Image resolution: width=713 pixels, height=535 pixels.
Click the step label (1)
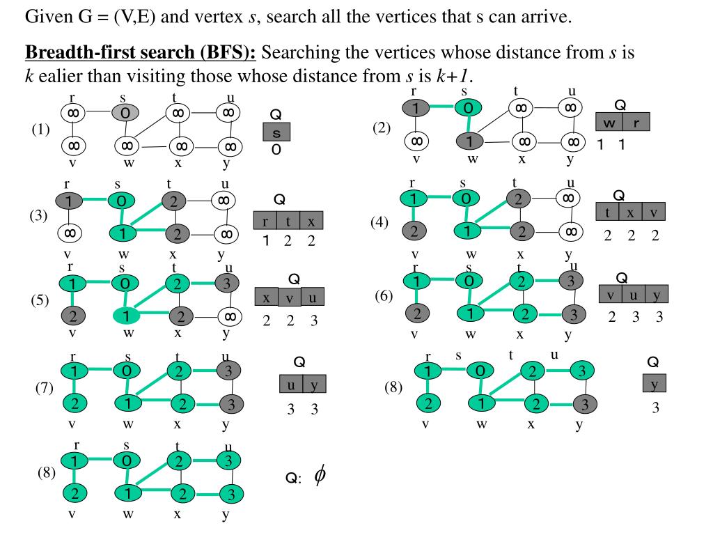tap(41, 129)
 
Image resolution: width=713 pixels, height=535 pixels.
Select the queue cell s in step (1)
tap(276, 132)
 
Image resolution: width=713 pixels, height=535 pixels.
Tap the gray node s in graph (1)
tap(125, 111)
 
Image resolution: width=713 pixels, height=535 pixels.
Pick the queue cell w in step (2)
tap(609, 123)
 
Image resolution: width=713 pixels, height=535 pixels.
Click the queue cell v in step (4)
tap(655, 212)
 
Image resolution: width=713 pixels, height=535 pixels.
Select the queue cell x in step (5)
tap(267, 297)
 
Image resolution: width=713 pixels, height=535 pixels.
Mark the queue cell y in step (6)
tap(657, 295)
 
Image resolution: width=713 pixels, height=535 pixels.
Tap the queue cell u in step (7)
tap(291, 385)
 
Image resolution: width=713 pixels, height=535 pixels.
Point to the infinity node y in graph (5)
tap(229, 317)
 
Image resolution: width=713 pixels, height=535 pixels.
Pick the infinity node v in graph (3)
tap(70, 232)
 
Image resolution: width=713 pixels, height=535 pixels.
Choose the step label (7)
tap(45, 389)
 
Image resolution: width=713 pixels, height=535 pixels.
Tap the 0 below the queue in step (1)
tap(276, 150)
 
